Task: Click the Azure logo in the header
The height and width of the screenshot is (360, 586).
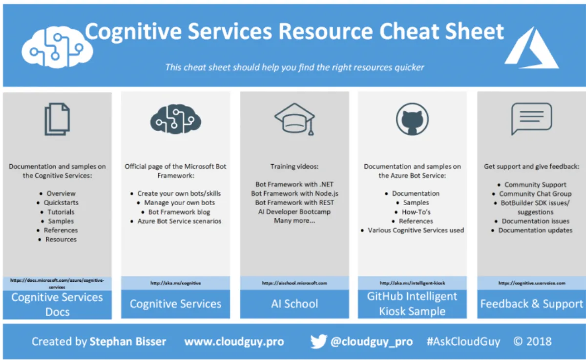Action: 531,48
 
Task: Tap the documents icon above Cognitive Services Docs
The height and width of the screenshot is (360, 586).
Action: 57,119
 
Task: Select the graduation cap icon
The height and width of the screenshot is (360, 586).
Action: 294,119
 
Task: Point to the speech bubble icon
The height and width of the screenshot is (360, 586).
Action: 531,119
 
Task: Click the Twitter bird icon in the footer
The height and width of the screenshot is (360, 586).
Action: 318,341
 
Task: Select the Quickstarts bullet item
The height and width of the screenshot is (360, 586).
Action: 61,203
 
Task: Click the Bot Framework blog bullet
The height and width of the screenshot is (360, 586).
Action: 179,212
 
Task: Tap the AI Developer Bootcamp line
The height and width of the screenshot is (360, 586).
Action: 294,212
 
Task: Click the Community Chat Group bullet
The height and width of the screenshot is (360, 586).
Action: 535,194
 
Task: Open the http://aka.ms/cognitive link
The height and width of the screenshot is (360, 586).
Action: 176,283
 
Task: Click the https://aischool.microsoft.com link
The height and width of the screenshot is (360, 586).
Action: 294,283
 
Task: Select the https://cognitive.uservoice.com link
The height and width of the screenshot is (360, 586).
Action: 531,283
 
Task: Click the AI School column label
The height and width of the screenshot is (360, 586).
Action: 294,304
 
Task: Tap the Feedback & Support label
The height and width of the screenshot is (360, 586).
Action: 531,304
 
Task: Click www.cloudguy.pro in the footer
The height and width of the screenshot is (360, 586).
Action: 234,341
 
